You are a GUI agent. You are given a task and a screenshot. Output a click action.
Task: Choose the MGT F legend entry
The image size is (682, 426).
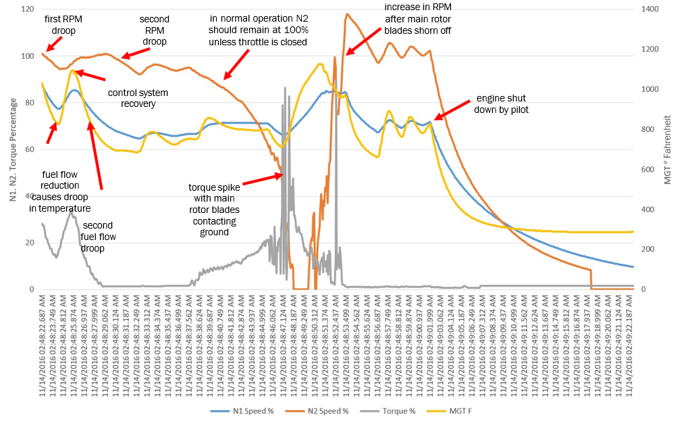pos(441,410)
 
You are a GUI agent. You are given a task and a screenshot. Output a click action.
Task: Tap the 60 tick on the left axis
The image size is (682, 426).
pos(29,149)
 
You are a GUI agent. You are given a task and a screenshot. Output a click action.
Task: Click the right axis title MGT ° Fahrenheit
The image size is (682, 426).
pos(671,149)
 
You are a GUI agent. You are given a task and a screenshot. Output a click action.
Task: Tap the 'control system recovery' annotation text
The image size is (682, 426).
pos(138,98)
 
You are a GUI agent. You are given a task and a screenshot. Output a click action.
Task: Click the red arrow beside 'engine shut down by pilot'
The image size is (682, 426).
pos(453,110)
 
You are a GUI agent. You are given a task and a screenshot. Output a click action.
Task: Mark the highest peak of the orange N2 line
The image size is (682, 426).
pos(347,14)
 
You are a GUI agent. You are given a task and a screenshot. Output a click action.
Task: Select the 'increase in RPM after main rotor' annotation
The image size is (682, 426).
pos(418,19)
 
